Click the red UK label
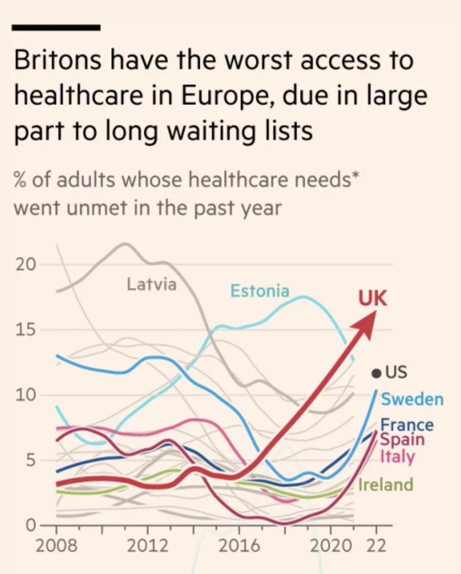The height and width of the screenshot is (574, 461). tap(373, 300)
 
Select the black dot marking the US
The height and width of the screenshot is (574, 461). tap(377, 373)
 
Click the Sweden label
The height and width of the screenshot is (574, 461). tap(412, 399)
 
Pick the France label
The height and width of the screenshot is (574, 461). tap(407, 424)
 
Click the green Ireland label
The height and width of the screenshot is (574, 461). tap(385, 485)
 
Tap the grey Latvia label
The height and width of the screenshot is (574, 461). tap(152, 285)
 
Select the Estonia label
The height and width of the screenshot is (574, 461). tap(260, 290)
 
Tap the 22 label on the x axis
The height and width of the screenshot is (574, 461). tap(376, 546)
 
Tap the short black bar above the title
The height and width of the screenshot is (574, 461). tap(56, 28)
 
